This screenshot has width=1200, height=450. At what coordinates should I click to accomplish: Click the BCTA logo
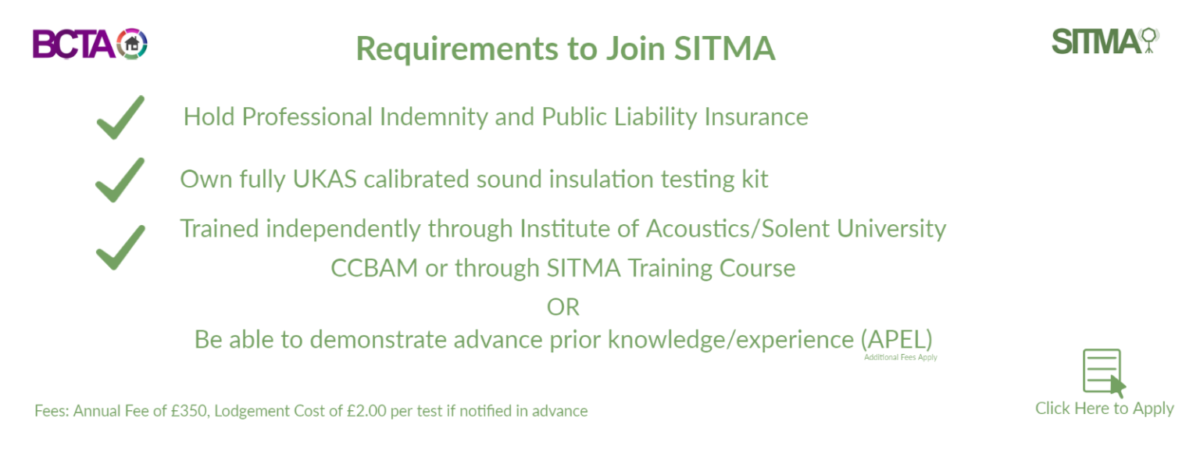[x=89, y=44]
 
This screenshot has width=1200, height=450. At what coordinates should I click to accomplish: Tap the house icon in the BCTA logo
[x=132, y=44]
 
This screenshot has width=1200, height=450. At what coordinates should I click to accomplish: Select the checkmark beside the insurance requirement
[x=120, y=118]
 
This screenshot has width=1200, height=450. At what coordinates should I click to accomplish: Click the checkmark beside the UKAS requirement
[x=120, y=180]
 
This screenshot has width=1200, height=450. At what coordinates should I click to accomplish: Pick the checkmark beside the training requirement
[x=120, y=247]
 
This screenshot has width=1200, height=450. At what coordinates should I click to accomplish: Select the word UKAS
[x=326, y=179]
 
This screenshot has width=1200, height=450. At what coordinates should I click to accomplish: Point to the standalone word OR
[x=563, y=307]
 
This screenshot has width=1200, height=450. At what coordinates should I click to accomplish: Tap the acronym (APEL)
[x=897, y=340]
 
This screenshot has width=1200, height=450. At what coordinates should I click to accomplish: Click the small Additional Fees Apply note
[x=900, y=358]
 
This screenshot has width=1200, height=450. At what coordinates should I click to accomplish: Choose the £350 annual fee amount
[x=189, y=411]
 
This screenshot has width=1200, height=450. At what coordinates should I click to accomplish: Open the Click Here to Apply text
[x=1104, y=409]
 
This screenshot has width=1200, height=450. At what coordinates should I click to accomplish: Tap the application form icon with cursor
[x=1103, y=373]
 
